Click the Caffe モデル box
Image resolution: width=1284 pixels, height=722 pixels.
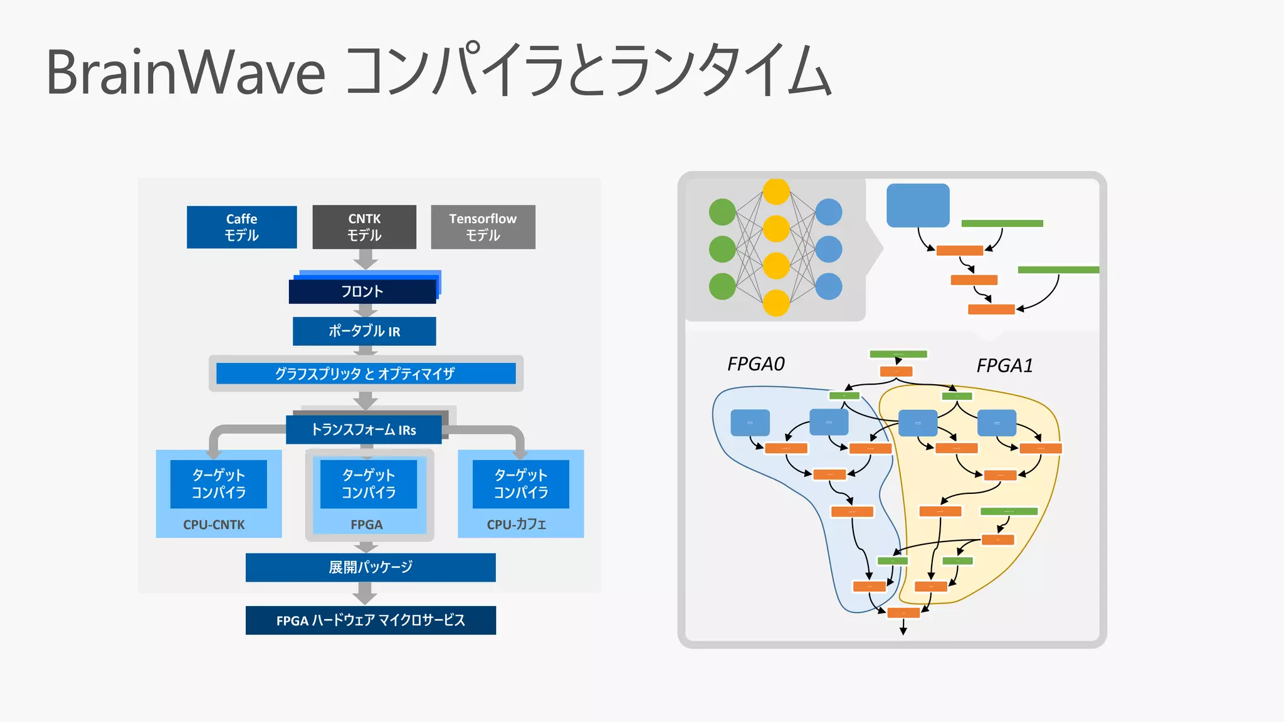tap(241, 227)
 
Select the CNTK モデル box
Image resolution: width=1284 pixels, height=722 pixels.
tap(364, 227)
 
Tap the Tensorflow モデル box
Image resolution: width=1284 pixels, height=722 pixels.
tap(483, 227)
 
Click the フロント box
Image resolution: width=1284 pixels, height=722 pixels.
tap(362, 291)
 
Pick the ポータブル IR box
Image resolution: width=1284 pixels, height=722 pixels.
tap(364, 331)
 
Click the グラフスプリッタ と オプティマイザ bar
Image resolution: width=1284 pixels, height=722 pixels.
tap(366, 374)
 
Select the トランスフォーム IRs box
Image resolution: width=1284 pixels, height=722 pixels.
tap(364, 429)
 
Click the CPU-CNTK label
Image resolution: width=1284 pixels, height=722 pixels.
tap(214, 525)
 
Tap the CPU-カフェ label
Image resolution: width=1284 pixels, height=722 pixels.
tap(517, 525)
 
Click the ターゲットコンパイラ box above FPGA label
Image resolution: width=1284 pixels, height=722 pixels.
tap(369, 484)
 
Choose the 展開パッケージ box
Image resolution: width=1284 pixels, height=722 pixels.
tap(371, 567)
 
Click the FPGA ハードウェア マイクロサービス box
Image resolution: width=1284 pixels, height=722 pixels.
tap(371, 620)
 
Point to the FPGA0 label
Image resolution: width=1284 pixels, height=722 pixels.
tap(755, 364)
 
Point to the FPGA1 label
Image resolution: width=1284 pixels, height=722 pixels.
tap(1004, 365)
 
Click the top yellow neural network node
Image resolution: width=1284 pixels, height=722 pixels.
tap(776, 192)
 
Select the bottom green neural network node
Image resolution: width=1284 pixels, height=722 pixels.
tap(722, 286)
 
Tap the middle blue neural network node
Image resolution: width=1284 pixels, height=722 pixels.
tap(829, 249)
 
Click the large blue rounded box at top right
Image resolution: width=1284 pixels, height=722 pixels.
tap(918, 206)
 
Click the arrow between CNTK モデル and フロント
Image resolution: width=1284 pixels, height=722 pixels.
tap(366, 259)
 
